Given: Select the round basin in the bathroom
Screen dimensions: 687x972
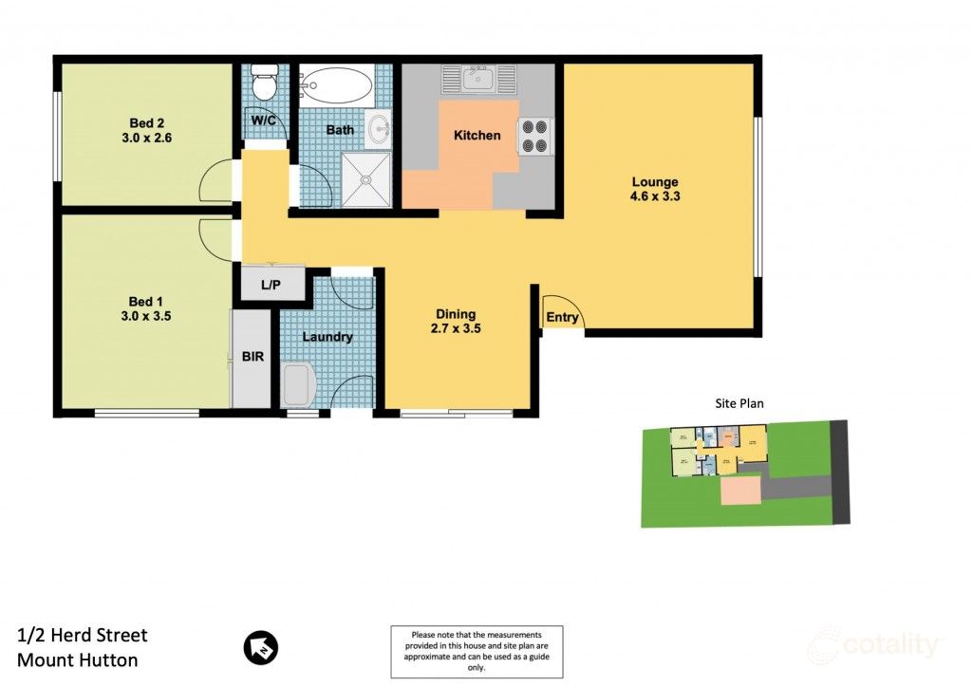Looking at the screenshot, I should pos(380,130).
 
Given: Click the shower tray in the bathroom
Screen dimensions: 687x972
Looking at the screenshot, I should pos(365,181).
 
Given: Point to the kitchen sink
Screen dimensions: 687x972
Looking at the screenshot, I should pos(477,79).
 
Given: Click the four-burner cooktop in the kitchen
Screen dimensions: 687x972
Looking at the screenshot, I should pos(535,134).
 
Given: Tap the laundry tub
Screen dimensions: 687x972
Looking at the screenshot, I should pos(297,386).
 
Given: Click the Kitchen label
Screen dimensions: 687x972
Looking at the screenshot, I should pos(477,136).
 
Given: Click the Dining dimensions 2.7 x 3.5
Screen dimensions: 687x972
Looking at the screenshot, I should pos(456,330).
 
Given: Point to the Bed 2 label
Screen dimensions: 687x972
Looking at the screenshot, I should pos(147,121).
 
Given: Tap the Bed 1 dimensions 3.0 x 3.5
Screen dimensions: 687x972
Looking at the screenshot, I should pos(147,317).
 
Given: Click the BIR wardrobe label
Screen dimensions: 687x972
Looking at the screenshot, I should pos(253,357).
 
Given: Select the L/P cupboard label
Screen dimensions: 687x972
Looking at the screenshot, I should pos(271,285).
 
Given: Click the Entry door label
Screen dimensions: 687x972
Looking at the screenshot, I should pos(562,318).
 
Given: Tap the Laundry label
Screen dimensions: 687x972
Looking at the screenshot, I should pos(327,337).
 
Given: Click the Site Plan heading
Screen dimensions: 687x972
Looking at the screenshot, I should pos(739,403).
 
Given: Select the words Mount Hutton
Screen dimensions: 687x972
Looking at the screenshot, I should pos(78,660).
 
